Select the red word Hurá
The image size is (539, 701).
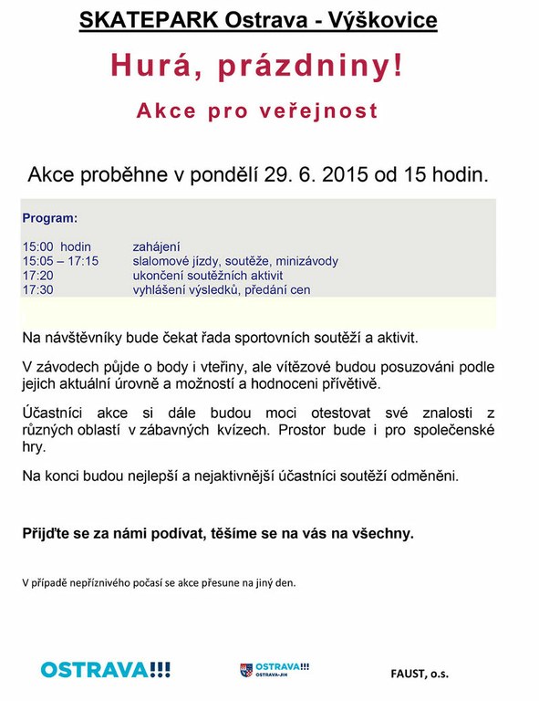coord(154,66)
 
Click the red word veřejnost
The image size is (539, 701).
coord(318,111)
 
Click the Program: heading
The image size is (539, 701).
coord(50,219)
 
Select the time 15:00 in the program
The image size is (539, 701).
coord(39,246)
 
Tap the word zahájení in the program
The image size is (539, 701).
coord(157,246)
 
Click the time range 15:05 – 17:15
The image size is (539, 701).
coord(60,261)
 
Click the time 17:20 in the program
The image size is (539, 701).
coord(38,276)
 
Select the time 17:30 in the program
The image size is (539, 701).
coord(38,290)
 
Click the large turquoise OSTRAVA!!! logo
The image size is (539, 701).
coord(106,669)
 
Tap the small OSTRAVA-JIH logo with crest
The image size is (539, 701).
coord(275,669)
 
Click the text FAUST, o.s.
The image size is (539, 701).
coord(420,675)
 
